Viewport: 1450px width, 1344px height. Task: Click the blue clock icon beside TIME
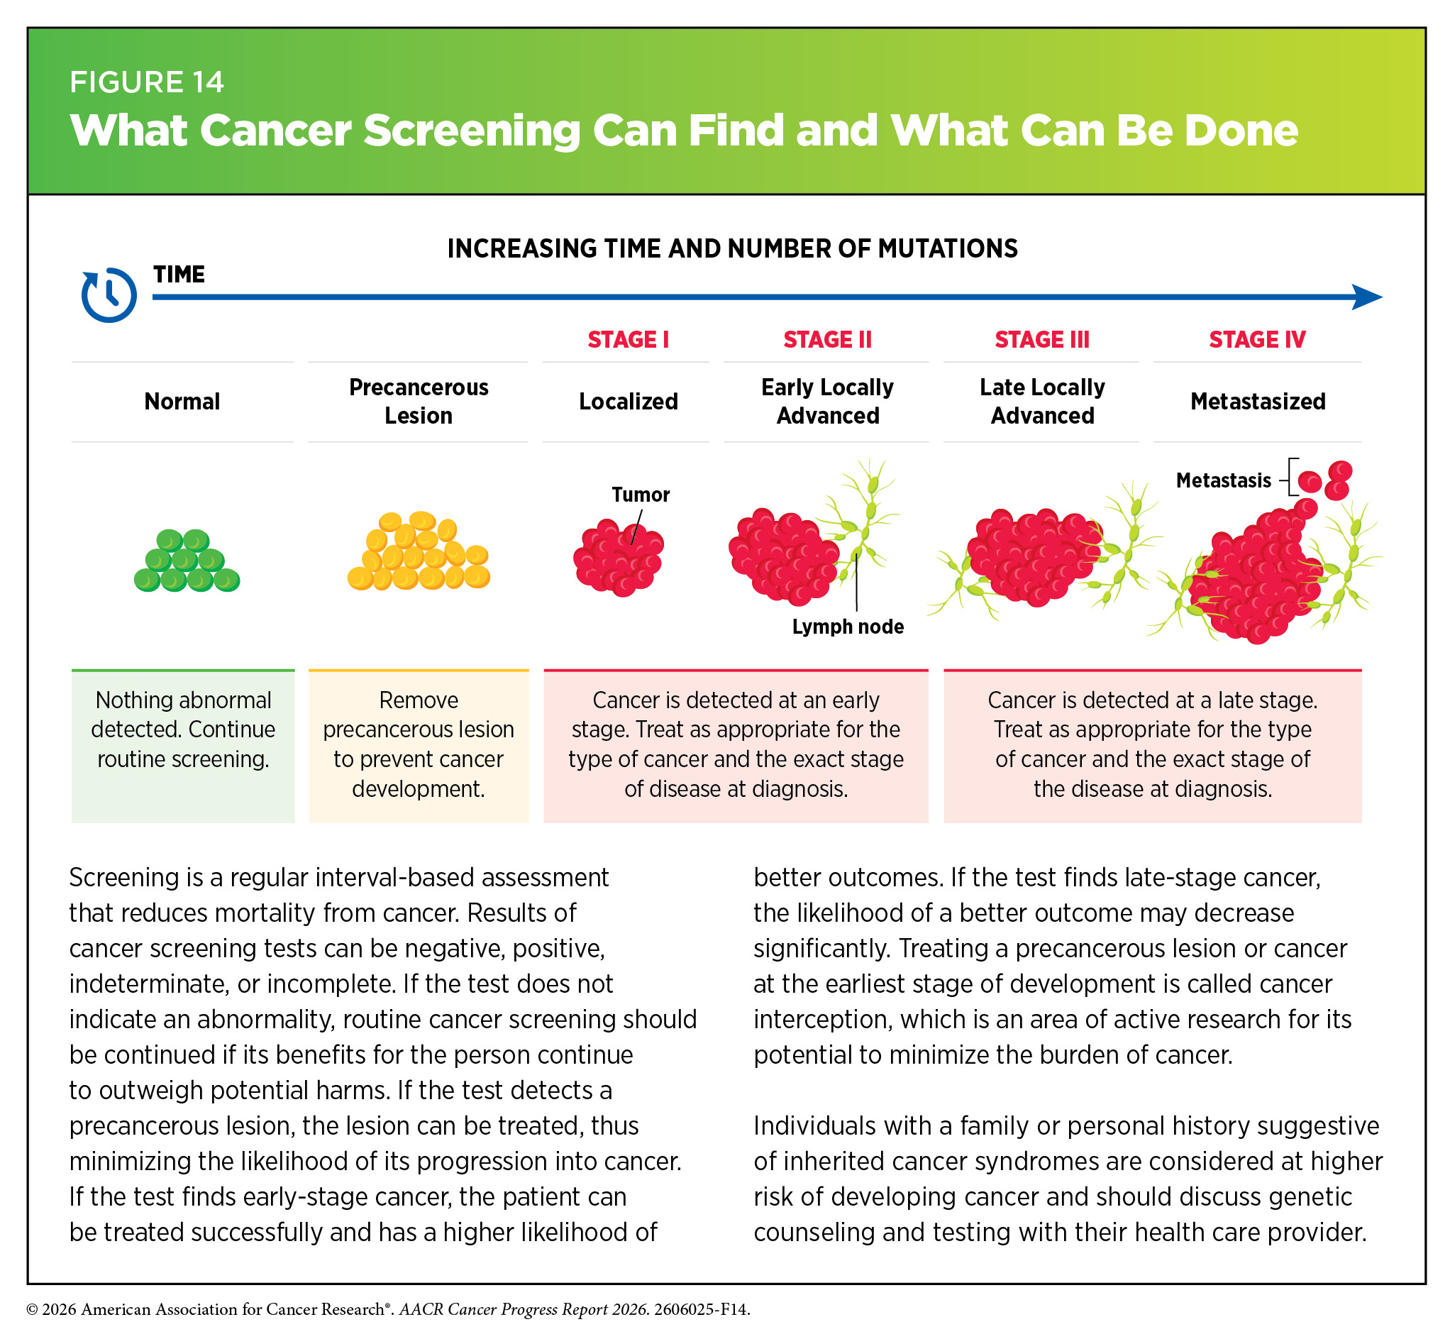click(x=109, y=294)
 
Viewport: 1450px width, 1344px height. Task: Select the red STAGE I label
click(x=628, y=340)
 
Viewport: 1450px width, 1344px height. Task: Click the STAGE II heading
click(x=827, y=340)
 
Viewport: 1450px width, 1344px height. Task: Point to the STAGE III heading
click(x=1041, y=340)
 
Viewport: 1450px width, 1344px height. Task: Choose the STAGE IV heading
click(x=1256, y=340)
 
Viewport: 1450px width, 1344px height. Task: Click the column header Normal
click(x=182, y=402)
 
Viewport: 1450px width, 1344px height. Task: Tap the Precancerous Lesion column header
click(x=418, y=402)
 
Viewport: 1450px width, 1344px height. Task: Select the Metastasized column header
click(x=1257, y=402)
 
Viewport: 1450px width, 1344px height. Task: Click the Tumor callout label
click(x=640, y=495)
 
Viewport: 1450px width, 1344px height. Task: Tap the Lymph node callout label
click(x=847, y=626)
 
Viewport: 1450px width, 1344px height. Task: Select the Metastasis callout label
click(x=1223, y=480)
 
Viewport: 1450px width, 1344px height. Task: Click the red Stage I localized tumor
click(x=618, y=557)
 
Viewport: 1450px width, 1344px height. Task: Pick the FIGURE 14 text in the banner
click(x=146, y=82)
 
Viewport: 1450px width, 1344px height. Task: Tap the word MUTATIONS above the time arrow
click(x=948, y=249)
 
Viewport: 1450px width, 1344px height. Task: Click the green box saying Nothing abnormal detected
click(x=183, y=746)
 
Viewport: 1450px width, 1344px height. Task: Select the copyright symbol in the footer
click(x=32, y=1310)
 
